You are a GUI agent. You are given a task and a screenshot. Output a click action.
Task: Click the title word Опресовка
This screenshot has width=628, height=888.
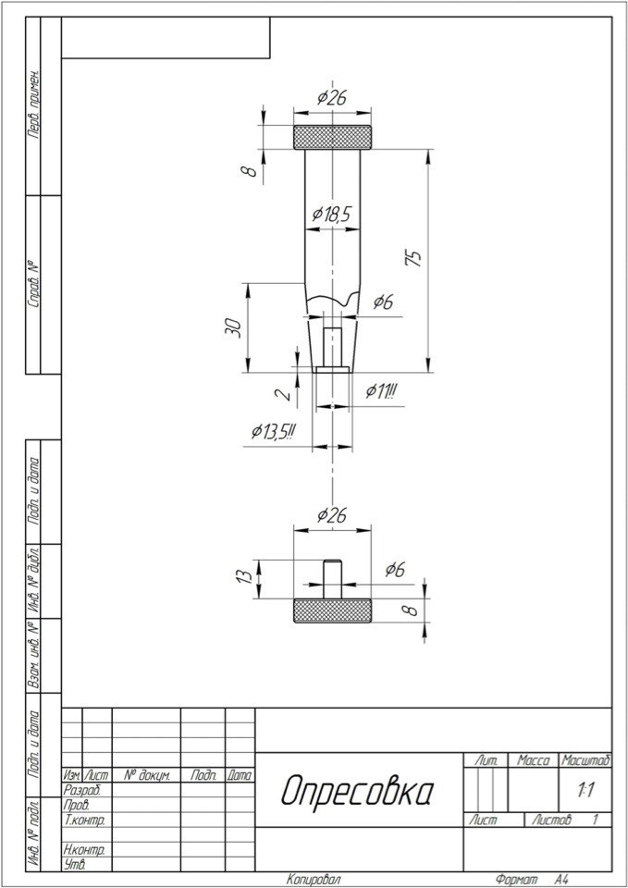click(x=358, y=790)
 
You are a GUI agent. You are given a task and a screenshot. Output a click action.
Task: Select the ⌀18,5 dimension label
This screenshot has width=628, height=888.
click(x=332, y=214)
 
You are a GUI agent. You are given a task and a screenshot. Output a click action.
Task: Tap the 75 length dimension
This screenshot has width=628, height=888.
click(x=414, y=258)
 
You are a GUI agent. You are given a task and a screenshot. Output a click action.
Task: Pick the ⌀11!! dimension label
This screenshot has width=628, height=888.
click(x=382, y=390)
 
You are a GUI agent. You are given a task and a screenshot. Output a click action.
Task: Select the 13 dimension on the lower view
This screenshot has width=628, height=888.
click(x=244, y=576)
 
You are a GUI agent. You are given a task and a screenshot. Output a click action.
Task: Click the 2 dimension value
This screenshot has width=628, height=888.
click(x=287, y=393)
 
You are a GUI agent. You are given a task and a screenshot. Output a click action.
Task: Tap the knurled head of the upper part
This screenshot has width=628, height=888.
click(x=332, y=137)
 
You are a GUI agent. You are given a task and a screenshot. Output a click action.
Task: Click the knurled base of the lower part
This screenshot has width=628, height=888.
click(x=332, y=610)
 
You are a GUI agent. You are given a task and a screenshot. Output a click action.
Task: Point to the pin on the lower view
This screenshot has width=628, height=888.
click(x=332, y=579)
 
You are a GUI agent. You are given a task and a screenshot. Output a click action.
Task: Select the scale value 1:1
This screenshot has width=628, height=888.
click(x=585, y=790)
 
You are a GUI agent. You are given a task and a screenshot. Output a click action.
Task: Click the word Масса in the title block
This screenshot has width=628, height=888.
click(x=533, y=760)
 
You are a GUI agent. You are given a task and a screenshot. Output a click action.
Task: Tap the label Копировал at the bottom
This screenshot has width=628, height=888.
click(x=314, y=880)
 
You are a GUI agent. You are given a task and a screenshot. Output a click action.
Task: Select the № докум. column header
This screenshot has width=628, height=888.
click(x=146, y=775)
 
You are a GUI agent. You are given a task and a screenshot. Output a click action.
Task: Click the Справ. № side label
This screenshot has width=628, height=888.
click(x=34, y=285)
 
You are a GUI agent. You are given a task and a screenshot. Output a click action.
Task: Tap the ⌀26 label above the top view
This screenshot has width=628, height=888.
click(x=332, y=98)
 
